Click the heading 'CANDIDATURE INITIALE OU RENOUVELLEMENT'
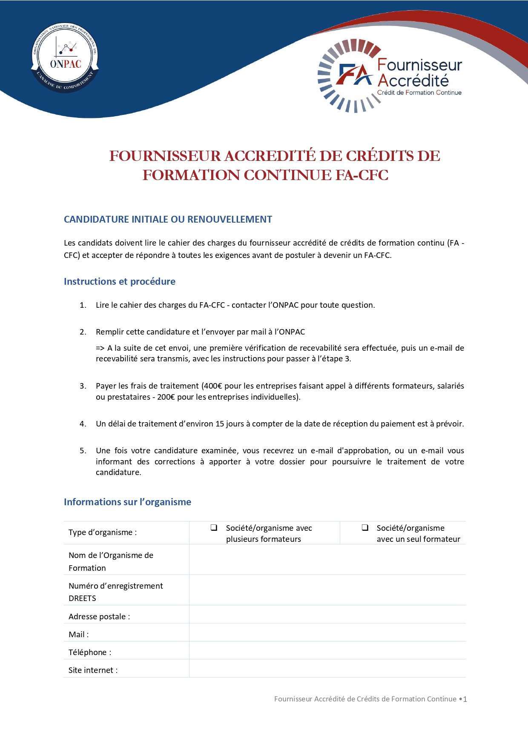pyautogui.click(x=168, y=219)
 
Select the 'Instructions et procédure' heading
pyautogui.click(x=119, y=281)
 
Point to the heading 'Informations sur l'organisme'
pyautogui.click(x=127, y=502)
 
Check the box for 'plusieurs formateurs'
pyautogui.click(x=214, y=528)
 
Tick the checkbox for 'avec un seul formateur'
pyautogui.click(x=365, y=528)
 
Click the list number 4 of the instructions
pyautogui.click(x=83, y=424)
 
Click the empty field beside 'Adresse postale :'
pyautogui.click(x=327, y=615)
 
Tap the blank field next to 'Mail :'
pyautogui.click(x=327, y=633)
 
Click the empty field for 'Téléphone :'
pyautogui.click(x=327, y=650)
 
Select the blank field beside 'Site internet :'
pyautogui.click(x=327, y=668)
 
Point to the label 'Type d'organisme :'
pyautogui.click(x=103, y=532)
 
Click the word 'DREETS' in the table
pyautogui.click(x=82, y=598)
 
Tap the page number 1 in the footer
pyautogui.click(x=465, y=699)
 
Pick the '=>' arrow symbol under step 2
pyautogui.click(x=100, y=348)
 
